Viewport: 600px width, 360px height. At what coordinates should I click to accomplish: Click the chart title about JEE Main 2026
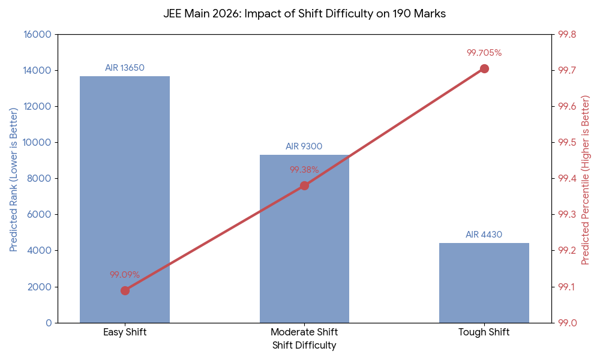click(x=304, y=14)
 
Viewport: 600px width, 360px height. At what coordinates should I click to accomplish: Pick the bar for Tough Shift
click(x=484, y=283)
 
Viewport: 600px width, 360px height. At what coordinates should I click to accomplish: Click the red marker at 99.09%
click(x=125, y=290)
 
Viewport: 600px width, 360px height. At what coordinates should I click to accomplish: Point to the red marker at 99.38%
click(x=304, y=185)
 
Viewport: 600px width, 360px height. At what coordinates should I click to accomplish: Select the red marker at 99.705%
click(x=484, y=68)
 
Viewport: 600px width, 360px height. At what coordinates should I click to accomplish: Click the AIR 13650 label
click(x=125, y=68)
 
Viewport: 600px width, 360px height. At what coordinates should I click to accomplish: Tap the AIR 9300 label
click(x=304, y=146)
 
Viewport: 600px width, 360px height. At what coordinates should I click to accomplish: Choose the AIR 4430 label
click(x=484, y=235)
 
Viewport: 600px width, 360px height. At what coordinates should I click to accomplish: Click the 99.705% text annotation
click(x=484, y=53)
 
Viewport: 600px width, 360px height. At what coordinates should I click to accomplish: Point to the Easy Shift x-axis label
click(x=125, y=332)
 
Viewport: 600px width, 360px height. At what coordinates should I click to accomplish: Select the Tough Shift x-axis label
click(x=484, y=332)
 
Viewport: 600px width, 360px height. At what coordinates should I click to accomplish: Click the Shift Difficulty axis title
click(x=304, y=346)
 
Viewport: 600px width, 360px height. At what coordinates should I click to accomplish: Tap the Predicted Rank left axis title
click(x=13, y=178)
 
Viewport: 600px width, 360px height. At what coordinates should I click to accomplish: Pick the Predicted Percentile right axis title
click(x=586, y=179)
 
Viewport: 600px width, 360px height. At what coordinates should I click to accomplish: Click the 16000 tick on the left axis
click(x=37, y=34)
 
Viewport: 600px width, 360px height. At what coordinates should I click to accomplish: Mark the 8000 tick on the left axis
click(x=40, y=178)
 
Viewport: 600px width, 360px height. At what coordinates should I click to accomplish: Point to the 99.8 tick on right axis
click(x=567, y=34)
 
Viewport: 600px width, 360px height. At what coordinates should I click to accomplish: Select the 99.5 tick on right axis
click(x=567, y=142)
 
